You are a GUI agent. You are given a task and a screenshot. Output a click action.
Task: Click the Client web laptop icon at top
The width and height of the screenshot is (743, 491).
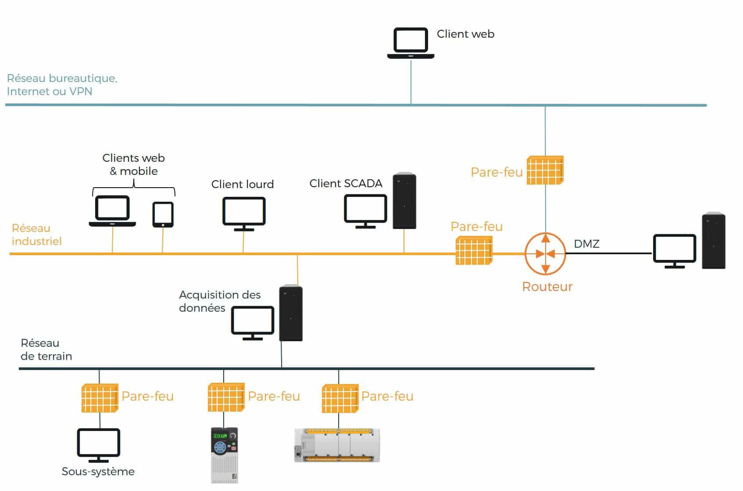click(x=411, y=43)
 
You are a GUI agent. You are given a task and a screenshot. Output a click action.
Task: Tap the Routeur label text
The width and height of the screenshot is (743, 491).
click(x=547, y=287)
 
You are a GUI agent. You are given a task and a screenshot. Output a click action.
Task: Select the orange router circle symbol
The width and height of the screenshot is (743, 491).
click(x=545, y=254)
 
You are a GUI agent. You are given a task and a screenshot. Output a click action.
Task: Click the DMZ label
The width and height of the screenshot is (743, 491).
click(x=586, y=244)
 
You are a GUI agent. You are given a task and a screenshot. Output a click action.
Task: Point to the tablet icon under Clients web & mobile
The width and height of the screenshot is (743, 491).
click(x=163, y=214)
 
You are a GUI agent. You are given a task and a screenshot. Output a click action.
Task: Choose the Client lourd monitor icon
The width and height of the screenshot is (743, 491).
click(x=244, y=213)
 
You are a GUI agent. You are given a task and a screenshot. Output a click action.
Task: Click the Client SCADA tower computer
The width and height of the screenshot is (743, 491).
click(x=404, y=201)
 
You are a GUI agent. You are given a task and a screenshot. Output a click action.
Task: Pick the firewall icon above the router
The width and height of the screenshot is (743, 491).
click(x=545, y=170)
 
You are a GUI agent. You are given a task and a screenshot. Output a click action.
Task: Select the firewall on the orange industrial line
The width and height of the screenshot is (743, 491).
click(x=474, y=250)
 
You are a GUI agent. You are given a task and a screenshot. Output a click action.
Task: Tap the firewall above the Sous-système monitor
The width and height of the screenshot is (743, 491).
click(x=100, y=398)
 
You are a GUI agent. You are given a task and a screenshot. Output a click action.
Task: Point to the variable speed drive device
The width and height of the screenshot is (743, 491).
click(x=224, y=455)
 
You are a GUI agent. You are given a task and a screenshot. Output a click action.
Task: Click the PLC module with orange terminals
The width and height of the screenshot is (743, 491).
click(x=337, y=445)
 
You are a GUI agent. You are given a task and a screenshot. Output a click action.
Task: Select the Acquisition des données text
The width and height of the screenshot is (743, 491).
click(x=219, y=301)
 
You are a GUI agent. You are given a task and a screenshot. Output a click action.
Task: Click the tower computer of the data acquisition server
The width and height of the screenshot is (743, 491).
click(x=291, y=313)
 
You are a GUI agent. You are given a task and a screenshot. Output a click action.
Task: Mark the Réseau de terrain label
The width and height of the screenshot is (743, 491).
click(x=46, y=349)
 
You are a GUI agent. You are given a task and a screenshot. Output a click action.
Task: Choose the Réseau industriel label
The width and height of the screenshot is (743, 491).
click(x=36, y=235)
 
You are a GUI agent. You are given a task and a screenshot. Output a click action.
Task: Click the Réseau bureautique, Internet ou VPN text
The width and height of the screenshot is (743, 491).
click(x=62, y=85)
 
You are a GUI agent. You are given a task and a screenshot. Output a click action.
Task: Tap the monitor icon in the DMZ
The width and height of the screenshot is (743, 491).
click(x=674, y=250)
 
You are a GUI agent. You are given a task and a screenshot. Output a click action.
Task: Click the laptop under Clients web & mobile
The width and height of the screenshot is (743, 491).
click(x=112, y=211)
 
